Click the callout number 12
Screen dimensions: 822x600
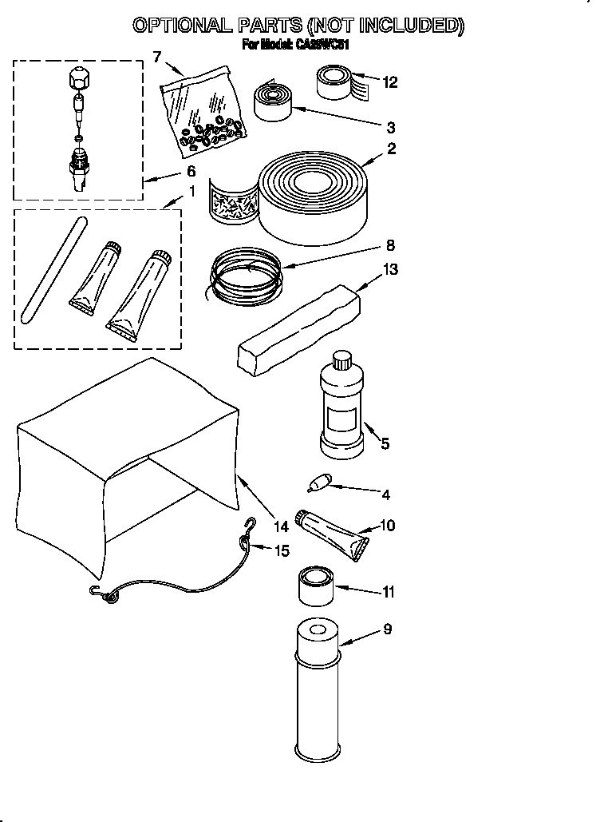coord(390,81)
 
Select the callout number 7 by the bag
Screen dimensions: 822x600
coord(156,56)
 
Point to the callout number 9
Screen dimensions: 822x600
coord(388,629)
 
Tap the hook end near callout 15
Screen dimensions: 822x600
coord(251,524)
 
